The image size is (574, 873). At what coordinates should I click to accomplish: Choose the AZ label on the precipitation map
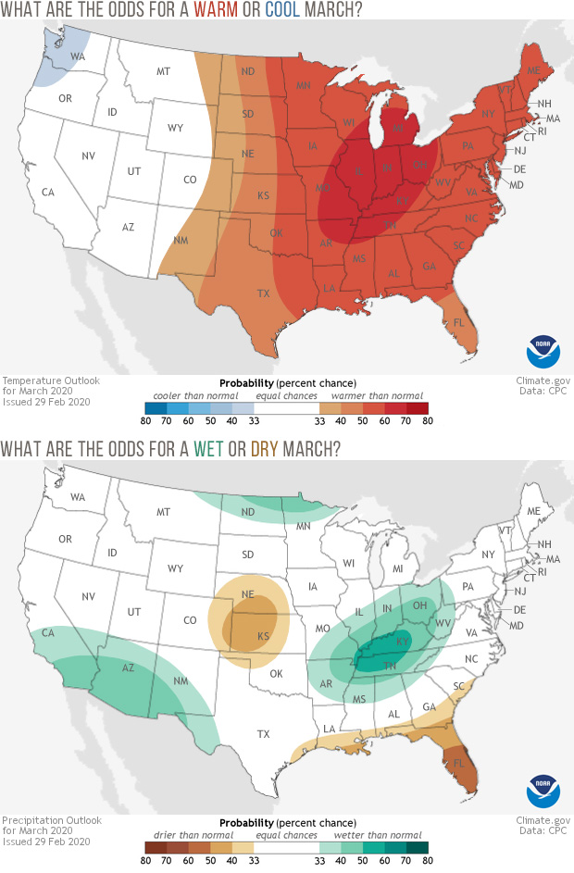tap(129, 667)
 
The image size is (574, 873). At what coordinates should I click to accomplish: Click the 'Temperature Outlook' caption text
tap(50, 380)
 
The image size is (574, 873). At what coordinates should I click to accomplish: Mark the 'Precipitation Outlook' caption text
tap(52, 817)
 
